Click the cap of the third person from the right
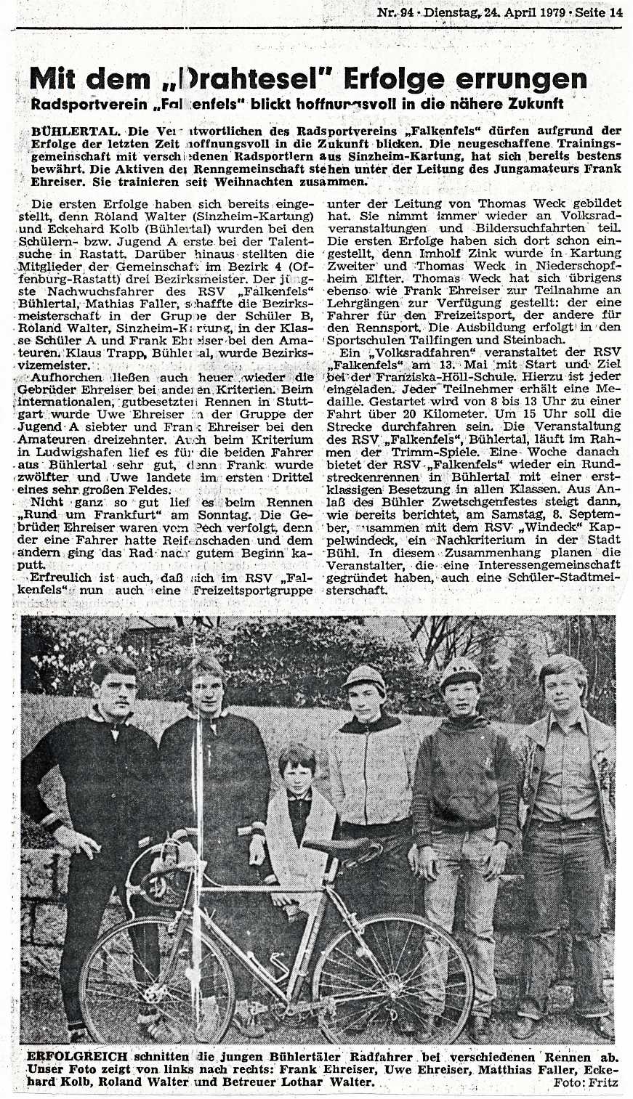click(x=364, y=676)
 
